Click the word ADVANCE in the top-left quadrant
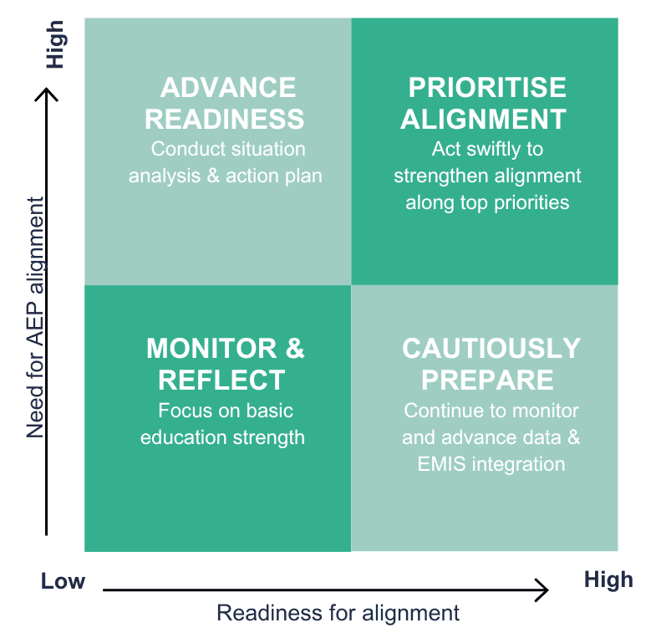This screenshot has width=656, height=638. (x=228, y=88)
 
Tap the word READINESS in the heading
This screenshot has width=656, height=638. (x=224, y=119)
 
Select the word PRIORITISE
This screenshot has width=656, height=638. (x=487, y=88)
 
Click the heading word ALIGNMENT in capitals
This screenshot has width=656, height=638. (x=483, y=119)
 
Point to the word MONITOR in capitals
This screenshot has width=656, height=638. (x=211, y=349)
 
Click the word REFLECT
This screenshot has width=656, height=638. (x=221, y=380)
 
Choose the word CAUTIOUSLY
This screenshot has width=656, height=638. (x=491, y=349)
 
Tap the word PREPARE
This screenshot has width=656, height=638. (x=487, y=380)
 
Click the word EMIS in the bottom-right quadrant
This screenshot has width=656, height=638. (x=441, y=464)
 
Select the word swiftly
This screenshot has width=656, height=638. (x=493, y=150)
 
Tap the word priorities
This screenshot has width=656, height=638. (x=531, y=203)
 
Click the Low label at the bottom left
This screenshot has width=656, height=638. (x=63, y=581)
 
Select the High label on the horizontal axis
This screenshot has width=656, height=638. (x=608, y=580)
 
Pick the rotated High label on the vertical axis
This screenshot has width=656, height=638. (x=55, y=44)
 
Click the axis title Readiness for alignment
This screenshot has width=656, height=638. (x=338, y=613)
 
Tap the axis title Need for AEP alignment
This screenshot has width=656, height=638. (x=36, y=318)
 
